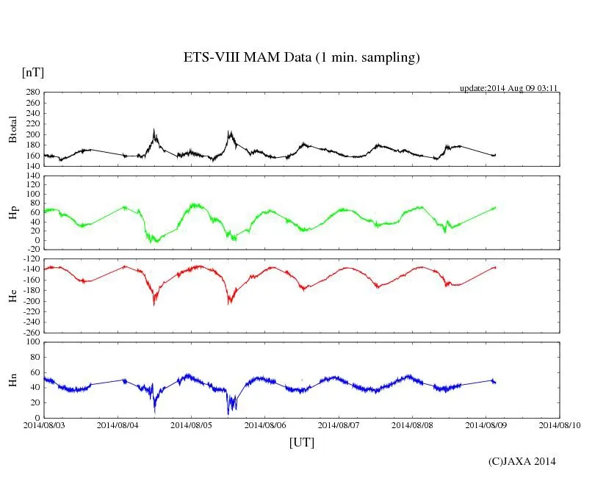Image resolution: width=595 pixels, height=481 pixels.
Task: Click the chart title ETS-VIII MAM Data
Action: coord(301,58)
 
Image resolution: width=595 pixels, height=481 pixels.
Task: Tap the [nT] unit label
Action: coord(32,73)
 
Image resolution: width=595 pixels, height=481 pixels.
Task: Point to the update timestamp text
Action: coord(509,88)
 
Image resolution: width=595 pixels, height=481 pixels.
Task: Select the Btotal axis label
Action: coord(12,129)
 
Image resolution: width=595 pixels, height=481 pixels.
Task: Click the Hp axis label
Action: coord(12,213)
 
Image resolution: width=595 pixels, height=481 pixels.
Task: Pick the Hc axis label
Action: coord(12,296)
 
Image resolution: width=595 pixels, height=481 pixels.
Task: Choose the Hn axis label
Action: coord(12,380)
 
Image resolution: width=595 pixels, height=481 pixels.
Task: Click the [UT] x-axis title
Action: coord(301,443)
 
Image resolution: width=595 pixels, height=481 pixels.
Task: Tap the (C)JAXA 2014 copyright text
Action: coord(522,461)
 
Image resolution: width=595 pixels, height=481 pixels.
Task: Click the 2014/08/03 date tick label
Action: coord(44,424)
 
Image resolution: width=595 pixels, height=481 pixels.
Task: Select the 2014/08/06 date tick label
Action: coord(265,424)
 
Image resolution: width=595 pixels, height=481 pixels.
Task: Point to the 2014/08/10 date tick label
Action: coord(560,424)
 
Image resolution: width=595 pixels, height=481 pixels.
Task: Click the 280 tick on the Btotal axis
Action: coord(32,93)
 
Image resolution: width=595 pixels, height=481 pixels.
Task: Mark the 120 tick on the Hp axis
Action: coord(32,176)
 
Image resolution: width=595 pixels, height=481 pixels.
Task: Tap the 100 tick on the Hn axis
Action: coord(32,342)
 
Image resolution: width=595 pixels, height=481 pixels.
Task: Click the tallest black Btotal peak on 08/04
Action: coord(154,130)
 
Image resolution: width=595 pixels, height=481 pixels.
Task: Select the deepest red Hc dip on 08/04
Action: coord(154,304)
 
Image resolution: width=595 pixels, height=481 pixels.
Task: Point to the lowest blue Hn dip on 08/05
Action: coord(228,413)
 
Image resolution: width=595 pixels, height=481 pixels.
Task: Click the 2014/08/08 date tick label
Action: coord(412,424)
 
